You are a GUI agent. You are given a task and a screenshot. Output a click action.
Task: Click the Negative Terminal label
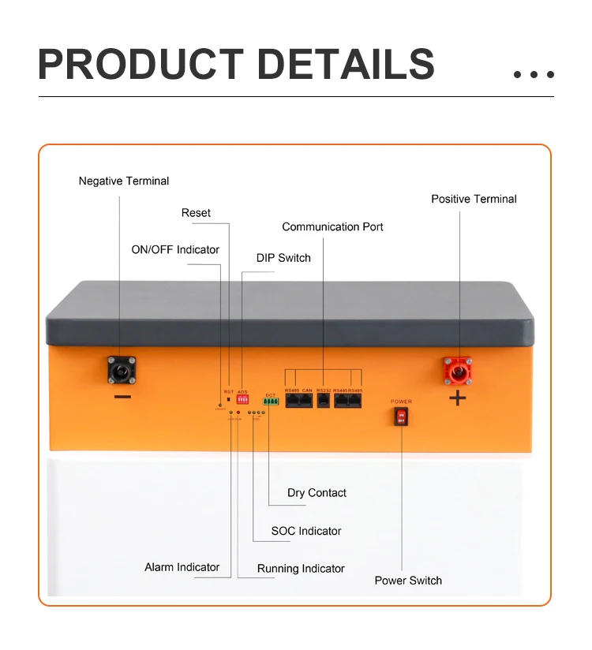[124, 181]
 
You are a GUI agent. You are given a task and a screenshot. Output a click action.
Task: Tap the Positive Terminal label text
[474, 199]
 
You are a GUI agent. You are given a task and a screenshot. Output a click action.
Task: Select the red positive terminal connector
[458, 368]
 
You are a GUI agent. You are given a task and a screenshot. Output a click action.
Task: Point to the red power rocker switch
[401, 416]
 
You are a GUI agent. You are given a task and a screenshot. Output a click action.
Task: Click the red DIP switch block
[242, 400]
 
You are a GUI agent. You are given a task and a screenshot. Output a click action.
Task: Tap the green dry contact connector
[271, 402]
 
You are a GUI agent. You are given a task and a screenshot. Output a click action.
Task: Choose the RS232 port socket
[324, 400]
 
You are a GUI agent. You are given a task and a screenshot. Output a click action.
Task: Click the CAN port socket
[307, 400]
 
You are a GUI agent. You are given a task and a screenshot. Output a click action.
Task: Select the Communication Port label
[332, 227]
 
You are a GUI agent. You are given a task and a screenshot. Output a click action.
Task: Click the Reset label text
[196, 213]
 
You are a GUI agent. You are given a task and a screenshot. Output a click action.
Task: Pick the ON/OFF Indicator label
[175, 250]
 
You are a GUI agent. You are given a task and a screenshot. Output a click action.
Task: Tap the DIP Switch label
[283, 258]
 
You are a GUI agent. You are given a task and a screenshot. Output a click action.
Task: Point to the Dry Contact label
[317, 493]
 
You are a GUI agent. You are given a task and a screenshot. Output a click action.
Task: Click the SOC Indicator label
[306, 531]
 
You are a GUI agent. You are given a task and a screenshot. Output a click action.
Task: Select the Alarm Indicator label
[182, 567]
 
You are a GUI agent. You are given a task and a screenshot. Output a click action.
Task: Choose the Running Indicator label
[301, 569]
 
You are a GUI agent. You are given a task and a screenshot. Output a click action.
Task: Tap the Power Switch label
[408, 581]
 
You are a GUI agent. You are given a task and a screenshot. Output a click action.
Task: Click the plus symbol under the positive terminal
[458, 398]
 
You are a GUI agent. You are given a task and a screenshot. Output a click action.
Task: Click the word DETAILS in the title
[346, 65]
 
